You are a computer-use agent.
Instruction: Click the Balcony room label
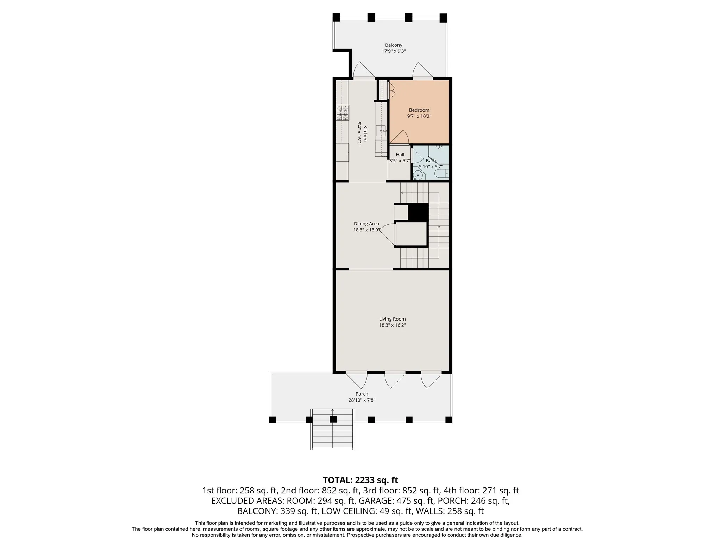coord(394,45)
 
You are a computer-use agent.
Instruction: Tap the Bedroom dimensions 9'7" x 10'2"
coord(419,116)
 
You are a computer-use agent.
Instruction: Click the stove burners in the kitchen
coord(96,113)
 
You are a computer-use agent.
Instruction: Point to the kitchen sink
coord(381,131)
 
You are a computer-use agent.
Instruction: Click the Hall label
coord(400,155)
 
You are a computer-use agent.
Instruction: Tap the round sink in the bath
coord(418,175)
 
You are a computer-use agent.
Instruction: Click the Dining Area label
coord(366,224)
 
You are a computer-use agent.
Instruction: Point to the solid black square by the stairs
coord(418,213)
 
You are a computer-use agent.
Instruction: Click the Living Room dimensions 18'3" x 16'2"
coord(392,325)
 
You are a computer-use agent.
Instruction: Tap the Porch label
coord(362,394)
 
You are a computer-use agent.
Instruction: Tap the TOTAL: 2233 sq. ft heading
coord(360,480)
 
